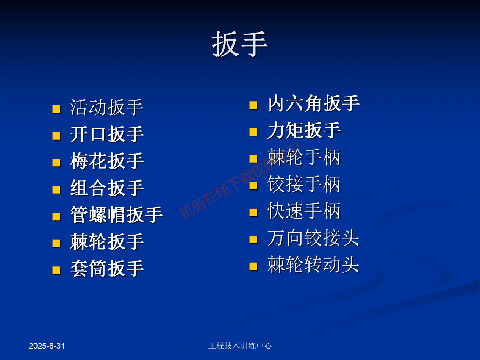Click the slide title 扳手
(240, 44)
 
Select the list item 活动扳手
(107, 108)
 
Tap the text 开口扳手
(107, 135)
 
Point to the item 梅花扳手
(107, 161)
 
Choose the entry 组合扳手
(107, 188)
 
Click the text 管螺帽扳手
(116, 215)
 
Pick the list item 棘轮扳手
(107, 242)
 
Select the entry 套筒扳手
(107, 269)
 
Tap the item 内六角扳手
(313, 103)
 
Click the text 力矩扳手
(304, 130)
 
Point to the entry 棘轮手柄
(304, 157)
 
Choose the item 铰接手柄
(304, 184)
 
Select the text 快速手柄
(304, 211)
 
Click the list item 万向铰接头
(313, 238)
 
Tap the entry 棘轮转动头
(313, 265)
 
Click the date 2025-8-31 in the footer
(47, 346)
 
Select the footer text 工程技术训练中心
(240, 346)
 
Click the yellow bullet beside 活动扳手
(56, 110)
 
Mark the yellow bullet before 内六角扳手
(253, 105)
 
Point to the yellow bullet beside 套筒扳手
(56, 270)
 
